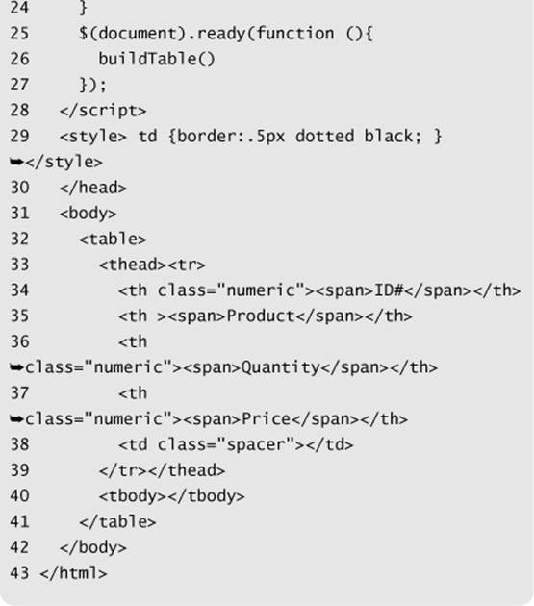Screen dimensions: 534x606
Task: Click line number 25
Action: [19, 34]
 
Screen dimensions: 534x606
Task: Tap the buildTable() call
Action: [157, 59]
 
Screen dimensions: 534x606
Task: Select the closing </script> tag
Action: [103, 111]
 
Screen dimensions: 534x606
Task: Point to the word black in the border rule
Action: [389, 136]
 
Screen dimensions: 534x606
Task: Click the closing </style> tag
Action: [64, 162]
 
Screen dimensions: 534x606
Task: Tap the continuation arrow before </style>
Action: [17, 163]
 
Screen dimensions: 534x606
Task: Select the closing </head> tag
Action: [93, 188]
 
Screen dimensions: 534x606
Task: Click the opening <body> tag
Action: [89, 214]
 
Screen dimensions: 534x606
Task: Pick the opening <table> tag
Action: [113, 240]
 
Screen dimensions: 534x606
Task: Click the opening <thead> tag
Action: [133, 265]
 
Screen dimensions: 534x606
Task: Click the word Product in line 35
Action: [261, 316]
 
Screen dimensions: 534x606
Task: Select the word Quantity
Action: [281, 367]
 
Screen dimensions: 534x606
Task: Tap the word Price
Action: [266, 419]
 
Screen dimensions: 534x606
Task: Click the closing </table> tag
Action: [117, 522]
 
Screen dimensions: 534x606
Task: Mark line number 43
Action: [19, 573]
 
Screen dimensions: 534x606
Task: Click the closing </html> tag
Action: [73, 573]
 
